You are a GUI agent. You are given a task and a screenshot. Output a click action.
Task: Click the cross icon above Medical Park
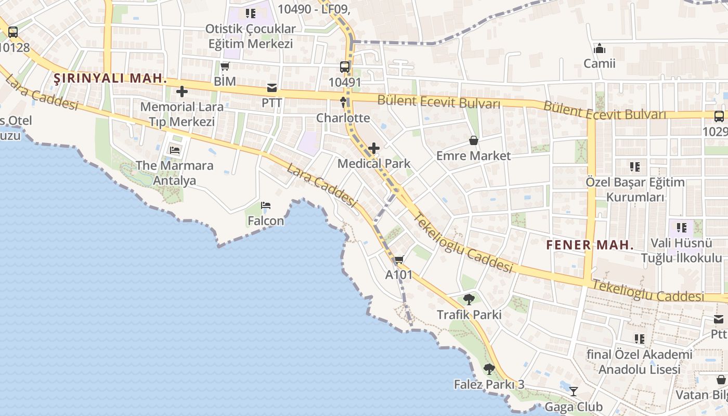[x=373, y=149]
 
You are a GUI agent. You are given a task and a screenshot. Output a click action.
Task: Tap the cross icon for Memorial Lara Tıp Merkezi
[x=181, y=92]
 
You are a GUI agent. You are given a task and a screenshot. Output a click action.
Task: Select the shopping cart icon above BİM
[x=225, y=66]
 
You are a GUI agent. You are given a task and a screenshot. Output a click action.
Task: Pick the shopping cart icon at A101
[x=399, y=259]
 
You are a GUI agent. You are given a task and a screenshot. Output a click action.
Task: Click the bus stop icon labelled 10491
[x=344, y=67]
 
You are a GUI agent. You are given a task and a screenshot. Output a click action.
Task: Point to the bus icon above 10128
[x=13, y=32]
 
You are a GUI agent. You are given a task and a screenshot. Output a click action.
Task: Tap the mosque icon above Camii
[x=599, y=48]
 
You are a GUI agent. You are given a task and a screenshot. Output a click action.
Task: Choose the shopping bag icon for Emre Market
[x=473, y=140]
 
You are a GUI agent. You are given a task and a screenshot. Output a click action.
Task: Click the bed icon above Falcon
[x=266, y=205]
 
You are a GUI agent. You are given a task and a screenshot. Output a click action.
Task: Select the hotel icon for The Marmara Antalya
[x=175, y=150]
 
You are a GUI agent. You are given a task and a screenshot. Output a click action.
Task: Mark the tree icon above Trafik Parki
[x=469, y=300]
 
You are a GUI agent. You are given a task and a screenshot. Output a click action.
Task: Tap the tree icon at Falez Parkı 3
[x=489, y=369]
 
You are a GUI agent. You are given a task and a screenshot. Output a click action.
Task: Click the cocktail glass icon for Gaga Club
[x=573, y=391]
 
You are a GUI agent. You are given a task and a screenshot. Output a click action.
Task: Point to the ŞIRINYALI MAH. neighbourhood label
[x=110, y=79]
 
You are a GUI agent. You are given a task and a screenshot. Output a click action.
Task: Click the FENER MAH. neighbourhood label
[x=590, y=245]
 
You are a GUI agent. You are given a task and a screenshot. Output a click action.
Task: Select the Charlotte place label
[x=343, y=118]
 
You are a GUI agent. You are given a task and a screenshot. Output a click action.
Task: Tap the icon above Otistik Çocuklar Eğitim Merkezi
[x=251, y=14]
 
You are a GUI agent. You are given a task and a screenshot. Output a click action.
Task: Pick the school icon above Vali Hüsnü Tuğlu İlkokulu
[x=681, y=227]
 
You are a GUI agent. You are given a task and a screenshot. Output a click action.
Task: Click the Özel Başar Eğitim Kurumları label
[x=635, y=190]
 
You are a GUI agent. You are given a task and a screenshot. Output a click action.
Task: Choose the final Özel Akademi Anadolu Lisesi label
[x=640, y=362]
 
